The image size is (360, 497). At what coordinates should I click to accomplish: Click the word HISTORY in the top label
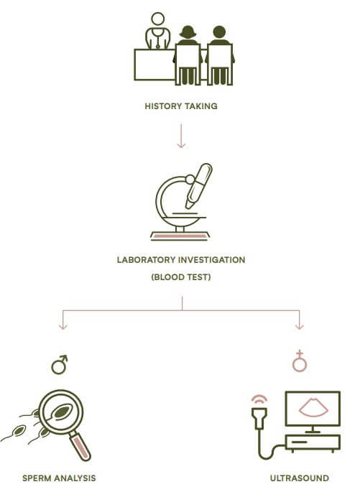pyautogui.click(x=162, y=106)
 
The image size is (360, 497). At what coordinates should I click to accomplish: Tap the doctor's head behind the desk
pyautogui.click(x=157, y=19)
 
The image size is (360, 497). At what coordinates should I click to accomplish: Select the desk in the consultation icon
pyautogui.click(x=154, y=65)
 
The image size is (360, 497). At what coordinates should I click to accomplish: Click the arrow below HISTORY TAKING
pyautogui.click(x=181, y=136)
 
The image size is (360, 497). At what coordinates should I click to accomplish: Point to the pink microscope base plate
pyautogui.click(x=180, y=236)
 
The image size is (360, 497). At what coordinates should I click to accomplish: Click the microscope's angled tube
pyautogui.click(x=199, y=186)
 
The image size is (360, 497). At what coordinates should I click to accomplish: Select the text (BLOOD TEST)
pyautogui.click(x=181, y=277)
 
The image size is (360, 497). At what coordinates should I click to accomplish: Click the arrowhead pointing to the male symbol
pyautogui.click(x=63, y=326)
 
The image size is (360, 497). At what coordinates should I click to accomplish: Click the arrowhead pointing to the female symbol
pyautogui.click(x=300, y=326)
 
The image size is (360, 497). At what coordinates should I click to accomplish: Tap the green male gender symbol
pyautogui.click(x=60, y=365)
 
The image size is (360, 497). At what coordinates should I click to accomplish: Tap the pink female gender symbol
pyautogui.click(x=300, y=361)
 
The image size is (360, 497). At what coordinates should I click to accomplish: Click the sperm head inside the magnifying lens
pyautogui.click(x=62, y=412)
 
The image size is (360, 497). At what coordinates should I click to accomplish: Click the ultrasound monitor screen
pyautogui.click(x=313, y=409)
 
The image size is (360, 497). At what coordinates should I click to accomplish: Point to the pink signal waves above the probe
pyautogui.click(x=259, y=400)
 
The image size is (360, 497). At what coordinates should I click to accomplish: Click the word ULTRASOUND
pyautogui.click(x=300, y=478)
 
